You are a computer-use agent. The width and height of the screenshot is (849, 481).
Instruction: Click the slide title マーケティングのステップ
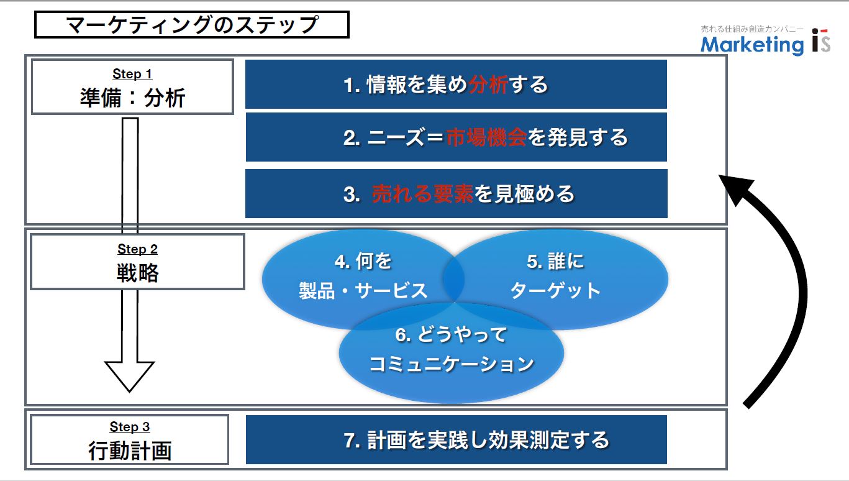(192, 25)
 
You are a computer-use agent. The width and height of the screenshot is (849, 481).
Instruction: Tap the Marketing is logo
(765, 41)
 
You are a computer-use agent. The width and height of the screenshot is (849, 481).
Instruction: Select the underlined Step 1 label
(132, 73)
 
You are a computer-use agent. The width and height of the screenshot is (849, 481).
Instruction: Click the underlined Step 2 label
(137, 249)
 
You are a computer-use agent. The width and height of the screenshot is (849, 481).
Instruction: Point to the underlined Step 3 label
(130, 426)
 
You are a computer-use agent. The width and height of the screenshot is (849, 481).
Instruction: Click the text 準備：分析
(132, 98)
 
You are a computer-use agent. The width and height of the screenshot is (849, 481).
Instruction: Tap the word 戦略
(138, 272)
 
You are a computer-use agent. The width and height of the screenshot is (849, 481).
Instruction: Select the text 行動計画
(130, 451)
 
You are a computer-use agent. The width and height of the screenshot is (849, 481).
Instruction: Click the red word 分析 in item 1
(488, 85)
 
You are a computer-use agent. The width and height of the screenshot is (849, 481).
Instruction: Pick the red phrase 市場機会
(486, 137)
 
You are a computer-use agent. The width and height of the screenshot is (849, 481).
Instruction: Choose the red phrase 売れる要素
(422, 194)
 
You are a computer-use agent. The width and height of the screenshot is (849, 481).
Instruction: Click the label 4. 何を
(363, 261)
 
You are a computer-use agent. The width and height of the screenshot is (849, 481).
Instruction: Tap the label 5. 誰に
(555, 261)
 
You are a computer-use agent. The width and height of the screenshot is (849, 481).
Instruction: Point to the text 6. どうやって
(451, 334)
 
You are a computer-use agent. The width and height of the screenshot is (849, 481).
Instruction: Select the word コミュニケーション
(451, 364)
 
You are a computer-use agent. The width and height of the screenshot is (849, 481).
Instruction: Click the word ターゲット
(555, 291)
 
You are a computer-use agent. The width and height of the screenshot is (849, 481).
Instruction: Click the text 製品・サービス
(363, 291)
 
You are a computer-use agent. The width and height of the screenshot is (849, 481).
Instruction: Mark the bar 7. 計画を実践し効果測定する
(456, 439)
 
